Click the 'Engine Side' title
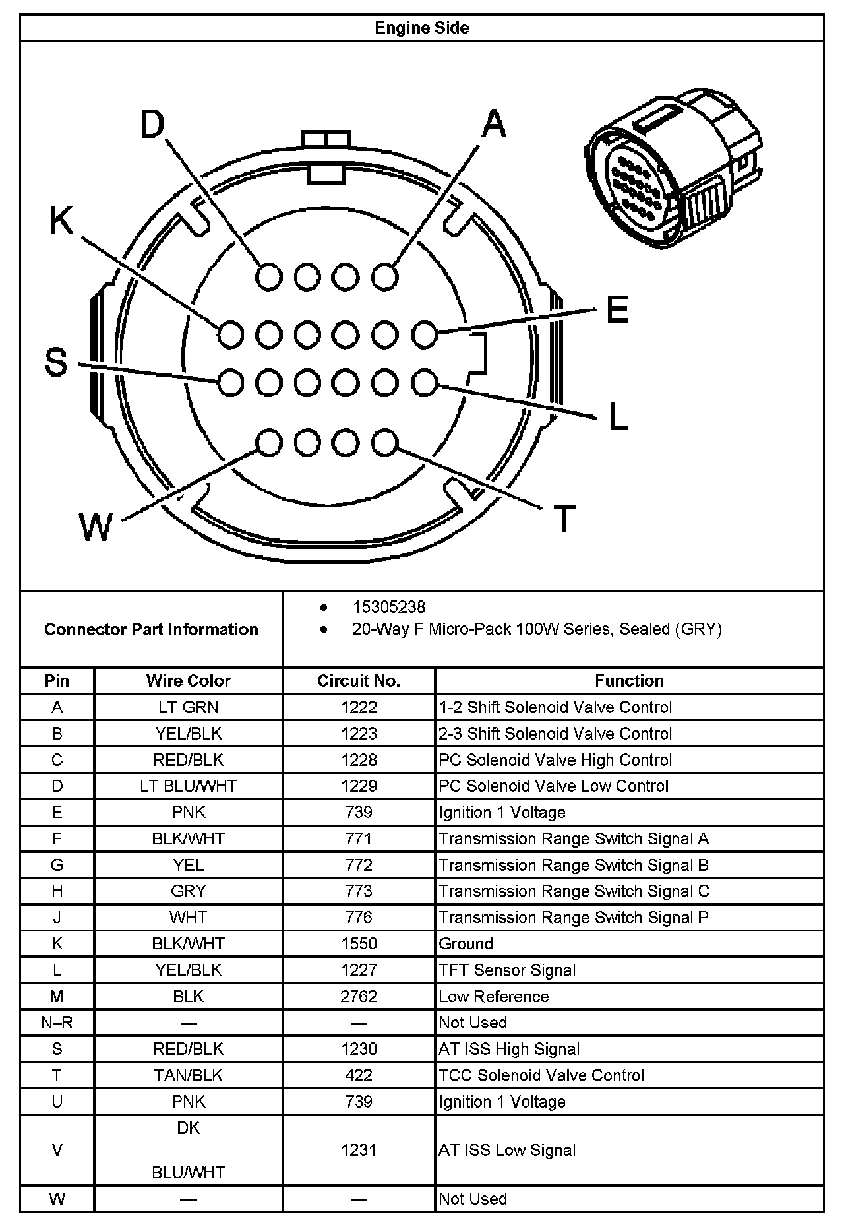421,28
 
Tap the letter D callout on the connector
152,124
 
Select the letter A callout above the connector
493,123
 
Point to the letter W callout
96,527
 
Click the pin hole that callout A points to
384,276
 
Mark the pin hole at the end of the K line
231,334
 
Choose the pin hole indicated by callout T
384,443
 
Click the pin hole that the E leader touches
425,334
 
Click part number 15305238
389,607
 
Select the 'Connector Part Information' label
151,629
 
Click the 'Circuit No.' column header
359,681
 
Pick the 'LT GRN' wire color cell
188,707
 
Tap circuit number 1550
359,943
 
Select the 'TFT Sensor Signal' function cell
507,970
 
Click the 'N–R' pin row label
57,1023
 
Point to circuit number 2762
359,996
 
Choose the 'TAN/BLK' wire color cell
188,1075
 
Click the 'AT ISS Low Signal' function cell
507,1150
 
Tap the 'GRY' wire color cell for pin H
188,891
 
